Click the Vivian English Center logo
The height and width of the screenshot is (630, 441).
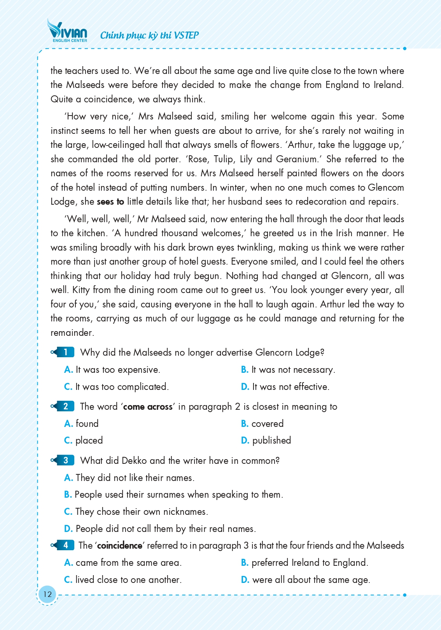point(67,31)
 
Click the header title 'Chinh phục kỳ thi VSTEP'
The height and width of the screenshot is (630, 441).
point(149,35)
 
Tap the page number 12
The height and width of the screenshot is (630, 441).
point(47,594)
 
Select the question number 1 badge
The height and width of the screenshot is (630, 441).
point(65,352)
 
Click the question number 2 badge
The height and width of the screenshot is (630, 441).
point(65,406)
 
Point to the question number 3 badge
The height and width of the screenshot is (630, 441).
point(65,460)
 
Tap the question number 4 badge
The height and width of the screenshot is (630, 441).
point(65,545)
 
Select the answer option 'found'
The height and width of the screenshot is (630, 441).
point(87,423)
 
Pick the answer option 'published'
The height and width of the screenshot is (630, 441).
point(271,440)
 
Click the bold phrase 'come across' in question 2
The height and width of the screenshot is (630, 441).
point(148,407)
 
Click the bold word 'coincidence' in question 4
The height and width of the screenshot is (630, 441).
point(120,546)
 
